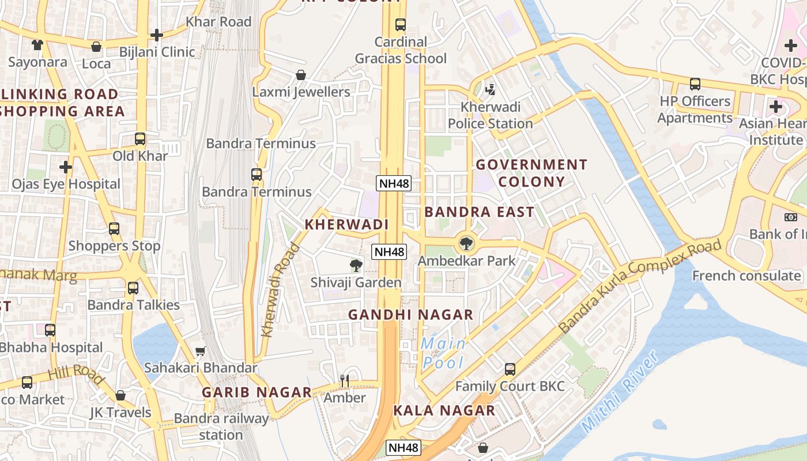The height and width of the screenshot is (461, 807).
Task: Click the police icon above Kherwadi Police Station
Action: (x=491, y=89)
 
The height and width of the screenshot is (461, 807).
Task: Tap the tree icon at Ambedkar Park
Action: (x=466, y=243)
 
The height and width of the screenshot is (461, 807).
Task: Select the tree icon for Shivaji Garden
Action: (x=356, y=266)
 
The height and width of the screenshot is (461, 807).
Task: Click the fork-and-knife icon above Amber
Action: (x=345, y=380)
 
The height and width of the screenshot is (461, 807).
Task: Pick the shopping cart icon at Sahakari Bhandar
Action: (x=201, y=351)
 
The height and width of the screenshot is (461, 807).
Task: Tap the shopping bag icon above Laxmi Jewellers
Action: (x=300, y=75)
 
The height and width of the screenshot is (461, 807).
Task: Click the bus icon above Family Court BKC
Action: (x=510, y=369)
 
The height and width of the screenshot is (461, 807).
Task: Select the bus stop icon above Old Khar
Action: (x=140, y=139)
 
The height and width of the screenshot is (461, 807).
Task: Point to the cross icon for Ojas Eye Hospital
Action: (x=66, y=167)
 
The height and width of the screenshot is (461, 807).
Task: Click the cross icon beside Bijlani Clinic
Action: (x=157, y=35)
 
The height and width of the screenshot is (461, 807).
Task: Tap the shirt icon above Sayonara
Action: (x=37, y=45)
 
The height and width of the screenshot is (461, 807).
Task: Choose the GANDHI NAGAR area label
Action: (x=410, y=315)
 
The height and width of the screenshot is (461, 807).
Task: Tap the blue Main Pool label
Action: (x=443, y=353)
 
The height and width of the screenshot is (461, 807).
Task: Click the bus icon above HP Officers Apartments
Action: (x=695, y=84)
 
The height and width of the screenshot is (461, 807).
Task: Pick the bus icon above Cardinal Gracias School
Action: (x=400, y=25)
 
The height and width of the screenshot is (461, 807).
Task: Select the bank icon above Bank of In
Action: (x=790, y=217)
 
